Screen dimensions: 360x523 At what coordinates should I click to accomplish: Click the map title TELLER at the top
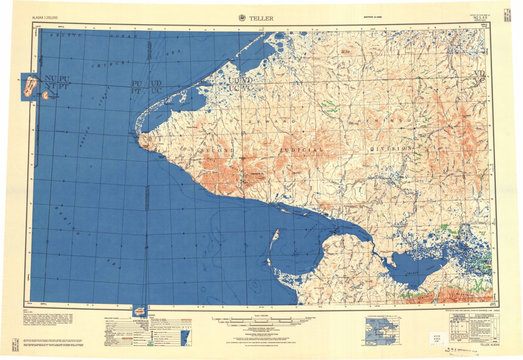(261, 18)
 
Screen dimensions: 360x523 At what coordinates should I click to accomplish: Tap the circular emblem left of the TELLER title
(242, 18)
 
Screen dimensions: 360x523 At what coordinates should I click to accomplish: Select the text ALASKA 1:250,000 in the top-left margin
(47, 18)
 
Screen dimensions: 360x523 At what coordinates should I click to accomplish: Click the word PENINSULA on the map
(389, 121)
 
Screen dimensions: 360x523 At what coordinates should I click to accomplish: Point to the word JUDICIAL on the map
(302, 149)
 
